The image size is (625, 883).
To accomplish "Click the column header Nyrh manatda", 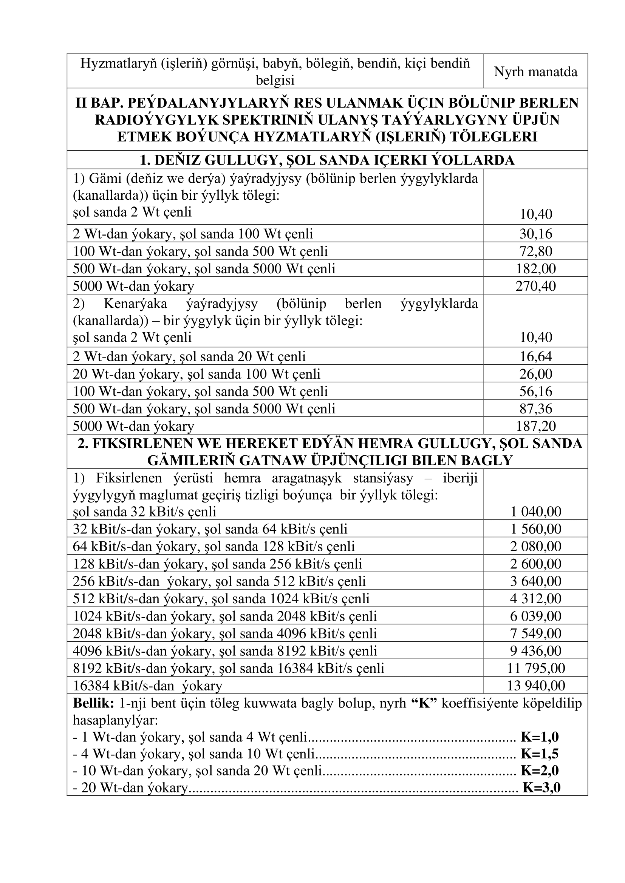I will [x=535, y=72].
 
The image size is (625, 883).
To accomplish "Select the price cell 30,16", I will [x=536, y=233].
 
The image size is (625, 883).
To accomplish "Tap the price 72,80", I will [x=536, y=251].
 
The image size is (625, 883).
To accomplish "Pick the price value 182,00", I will [x=536, y=268].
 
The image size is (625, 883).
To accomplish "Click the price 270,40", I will [x=536, y=286].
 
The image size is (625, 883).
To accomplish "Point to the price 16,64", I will [x=536, y=356].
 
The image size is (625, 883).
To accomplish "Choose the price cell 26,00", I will [x=536, y=374].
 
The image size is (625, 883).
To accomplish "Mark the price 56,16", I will [x=536, y=391].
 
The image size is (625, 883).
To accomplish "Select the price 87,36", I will [x=536, y=408].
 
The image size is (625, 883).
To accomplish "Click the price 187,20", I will [x=536, y=426].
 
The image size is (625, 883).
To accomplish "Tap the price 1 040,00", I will [x=536, y=512].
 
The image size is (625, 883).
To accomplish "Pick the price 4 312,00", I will [x=536, y=598].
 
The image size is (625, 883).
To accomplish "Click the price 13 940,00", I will [x=536, y=685].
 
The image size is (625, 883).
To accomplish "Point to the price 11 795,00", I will [x=536, y=668].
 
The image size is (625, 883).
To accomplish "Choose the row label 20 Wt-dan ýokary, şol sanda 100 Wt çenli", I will [x=196, y=374].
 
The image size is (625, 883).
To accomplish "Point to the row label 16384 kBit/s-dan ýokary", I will [x=148, y=685].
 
